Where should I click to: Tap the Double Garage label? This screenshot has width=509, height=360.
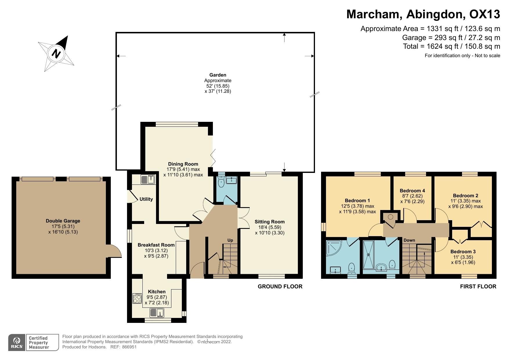pyautogui.click(x=63, y=221)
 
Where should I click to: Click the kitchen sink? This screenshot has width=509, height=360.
pyautogui.click(x=157, y=313)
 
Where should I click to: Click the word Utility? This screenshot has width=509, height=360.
pyautogui.click(x=146, y=199)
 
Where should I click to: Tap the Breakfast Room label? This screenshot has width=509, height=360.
pyautogui.click(x=156, y=245)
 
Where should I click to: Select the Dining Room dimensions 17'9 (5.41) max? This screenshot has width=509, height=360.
pyautogui.click(x=183, y=169)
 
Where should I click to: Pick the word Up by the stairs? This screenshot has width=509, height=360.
pyautogui.click(x=230, y=240)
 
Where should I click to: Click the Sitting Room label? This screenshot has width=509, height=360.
pyautogui.click(x=269, y=222)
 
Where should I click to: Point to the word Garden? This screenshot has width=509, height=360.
pyautogui.click(x=218, y=75)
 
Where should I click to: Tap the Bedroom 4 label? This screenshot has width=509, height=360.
pyautogui.click(x=412, y=191)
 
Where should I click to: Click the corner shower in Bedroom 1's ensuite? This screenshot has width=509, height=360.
pyautogui.click(x=334, y=248)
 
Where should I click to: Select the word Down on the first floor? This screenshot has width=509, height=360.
pyautogui.click(x=409, y=240)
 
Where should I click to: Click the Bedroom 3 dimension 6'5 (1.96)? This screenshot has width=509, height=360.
pyautogui.click(x=463, y=263)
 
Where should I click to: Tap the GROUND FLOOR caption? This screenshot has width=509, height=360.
pyautogui.click(x=280, y=287)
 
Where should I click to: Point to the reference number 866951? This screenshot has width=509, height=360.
pyautogui.click(x=129, y=347)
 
